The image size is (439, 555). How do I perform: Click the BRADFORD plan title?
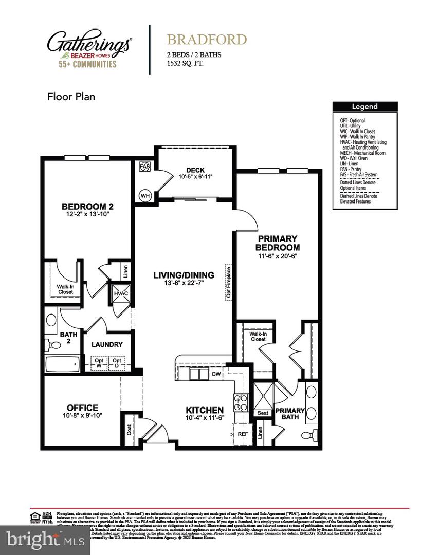tap(206, 40)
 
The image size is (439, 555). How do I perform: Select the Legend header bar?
tap(364, 107)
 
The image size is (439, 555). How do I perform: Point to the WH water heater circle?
tap(145, 195)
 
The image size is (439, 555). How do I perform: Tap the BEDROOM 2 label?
tap(87, 207)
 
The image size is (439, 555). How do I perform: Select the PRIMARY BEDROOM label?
tap(277, 242)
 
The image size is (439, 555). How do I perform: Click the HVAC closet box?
tap(120, 294)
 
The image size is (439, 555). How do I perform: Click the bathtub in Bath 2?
tap(62, 364)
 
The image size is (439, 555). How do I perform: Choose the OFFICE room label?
tap(82, 408)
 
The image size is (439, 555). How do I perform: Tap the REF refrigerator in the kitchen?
tap(242, 434)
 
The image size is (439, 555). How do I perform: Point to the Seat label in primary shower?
tap(262, 413)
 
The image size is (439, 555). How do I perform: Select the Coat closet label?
tap(129, 428)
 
